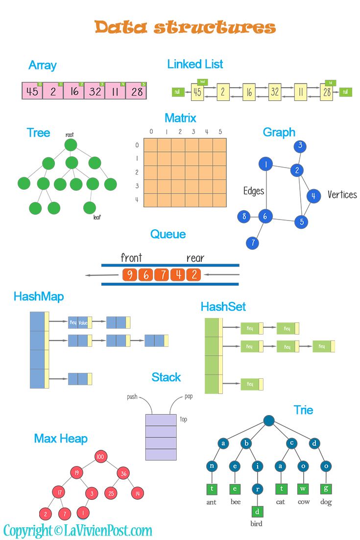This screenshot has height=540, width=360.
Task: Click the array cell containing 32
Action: click(x=95, y=91)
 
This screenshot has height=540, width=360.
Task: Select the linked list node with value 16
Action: click(x=248, y=92)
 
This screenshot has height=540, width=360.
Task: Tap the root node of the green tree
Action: click(x=71, y=145)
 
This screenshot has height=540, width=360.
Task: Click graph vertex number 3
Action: click(x=300, y=146)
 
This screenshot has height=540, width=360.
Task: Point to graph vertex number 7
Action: click(x=252, y=242)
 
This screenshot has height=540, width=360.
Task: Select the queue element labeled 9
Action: click(x=129, y=275)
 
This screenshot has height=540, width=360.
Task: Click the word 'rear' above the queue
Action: click(x=195, y=258)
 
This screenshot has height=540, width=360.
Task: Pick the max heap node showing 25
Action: click(x=111, y=493)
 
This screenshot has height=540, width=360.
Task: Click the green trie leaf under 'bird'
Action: click(x=258, y=512)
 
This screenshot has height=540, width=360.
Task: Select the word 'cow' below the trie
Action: click(x=303, y=502)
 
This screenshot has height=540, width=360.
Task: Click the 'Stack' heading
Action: click(x=166, y=377)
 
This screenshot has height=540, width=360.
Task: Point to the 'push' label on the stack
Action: click(x=132, y=396)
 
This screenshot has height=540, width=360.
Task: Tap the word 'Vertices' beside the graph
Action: click(x=342, y=195)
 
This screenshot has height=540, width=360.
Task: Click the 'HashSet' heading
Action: click(x=223, y=307)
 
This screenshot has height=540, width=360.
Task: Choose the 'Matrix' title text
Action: click(x=180, y=118)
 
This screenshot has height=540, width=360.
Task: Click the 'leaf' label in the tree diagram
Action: click(x=97, y=217)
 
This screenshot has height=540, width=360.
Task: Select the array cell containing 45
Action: click(x=32, y=91)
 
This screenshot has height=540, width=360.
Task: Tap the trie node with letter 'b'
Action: click(x=247, y=444)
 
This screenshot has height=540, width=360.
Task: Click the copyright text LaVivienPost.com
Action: click(x=77, y=530)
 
